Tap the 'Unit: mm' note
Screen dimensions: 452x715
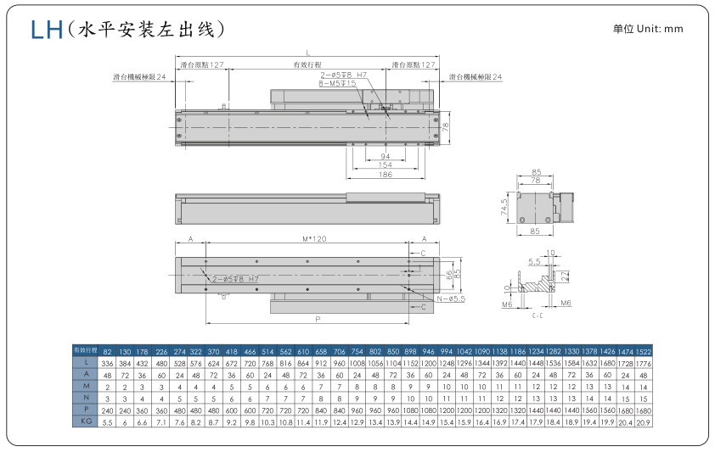coord(648,29)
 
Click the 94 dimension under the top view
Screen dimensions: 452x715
coord(385,157)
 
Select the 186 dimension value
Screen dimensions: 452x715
coord(385,174)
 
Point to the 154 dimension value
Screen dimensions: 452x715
coord(385,165)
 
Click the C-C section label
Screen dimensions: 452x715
coord(537,313)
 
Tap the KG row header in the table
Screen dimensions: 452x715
coord(84,421)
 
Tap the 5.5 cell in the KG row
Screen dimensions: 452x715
coord(108,421)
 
